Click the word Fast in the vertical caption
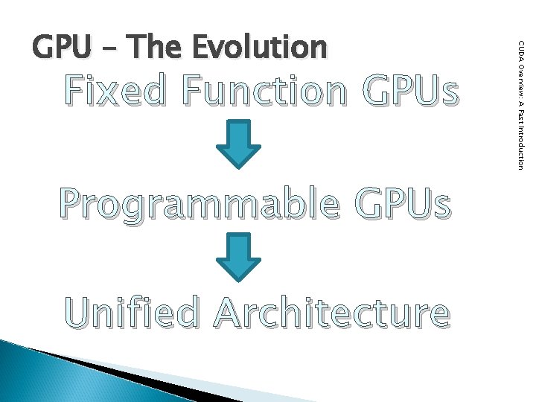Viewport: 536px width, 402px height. (520, 112)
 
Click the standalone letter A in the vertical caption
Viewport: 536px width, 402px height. (520, 100)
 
